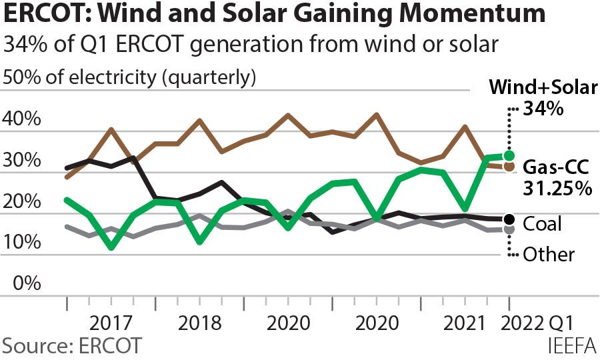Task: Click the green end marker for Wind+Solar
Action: point(510,155)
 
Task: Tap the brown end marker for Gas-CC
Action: point(510,167)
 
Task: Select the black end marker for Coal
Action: point(510,219)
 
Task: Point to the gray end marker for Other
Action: point(510,229)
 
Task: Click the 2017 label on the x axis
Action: point(111,325)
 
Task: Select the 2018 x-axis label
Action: point(199,325)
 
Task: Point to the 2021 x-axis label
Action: point(465,325)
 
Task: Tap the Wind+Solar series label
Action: point(543,87)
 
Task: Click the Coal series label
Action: point(543,223)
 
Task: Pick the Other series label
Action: point(549,254)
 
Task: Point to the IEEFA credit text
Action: point(571,347)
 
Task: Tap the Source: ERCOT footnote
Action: point(72,347)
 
